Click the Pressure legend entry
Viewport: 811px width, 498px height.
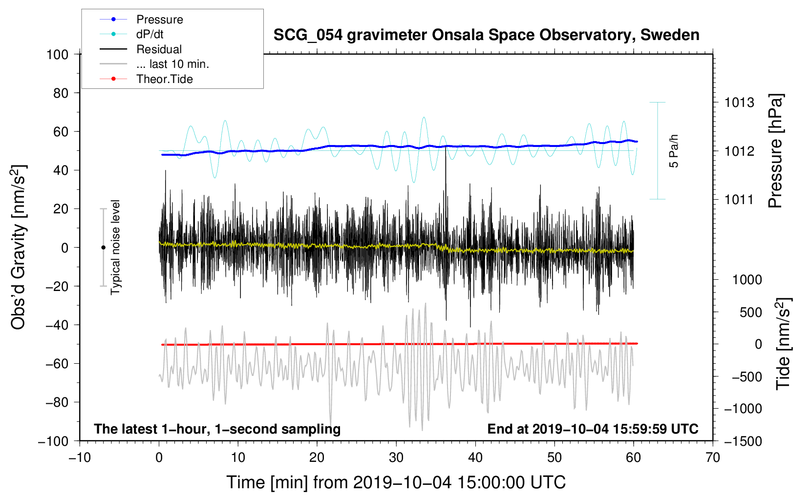click(x=141, y=19)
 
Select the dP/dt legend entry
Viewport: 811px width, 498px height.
click(x=131, y=34)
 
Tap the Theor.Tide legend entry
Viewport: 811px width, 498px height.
click(x=146, y=79)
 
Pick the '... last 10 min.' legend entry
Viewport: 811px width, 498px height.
click(x=154, y=64)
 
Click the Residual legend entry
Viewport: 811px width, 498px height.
click(x=141, y=49)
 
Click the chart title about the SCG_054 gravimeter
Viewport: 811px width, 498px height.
click(x=486, y=35)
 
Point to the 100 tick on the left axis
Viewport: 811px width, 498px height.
click(x=58, y=55)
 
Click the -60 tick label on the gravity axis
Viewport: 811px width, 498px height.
click(x=57, y=363)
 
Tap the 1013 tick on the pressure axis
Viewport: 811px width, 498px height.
click(x=739, y=103)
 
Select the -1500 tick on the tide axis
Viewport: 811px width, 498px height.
click(x=743, y=441)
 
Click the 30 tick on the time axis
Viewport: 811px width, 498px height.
click(x=396, y=458)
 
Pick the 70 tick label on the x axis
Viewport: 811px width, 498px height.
click(x=712, y=458)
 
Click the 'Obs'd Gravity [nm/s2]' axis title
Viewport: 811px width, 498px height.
click(x=18, y=247)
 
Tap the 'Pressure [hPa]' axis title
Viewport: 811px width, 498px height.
click(x=775, y=151)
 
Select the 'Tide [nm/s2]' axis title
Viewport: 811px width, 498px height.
click(x=784, y=344)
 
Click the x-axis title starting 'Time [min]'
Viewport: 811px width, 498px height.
click(x=396, y=482)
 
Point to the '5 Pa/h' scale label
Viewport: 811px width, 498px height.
click(x=673, y=151)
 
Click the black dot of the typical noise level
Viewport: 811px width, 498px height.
click(x=103, y=248)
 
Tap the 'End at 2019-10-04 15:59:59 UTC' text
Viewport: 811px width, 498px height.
click(x=593, y=429)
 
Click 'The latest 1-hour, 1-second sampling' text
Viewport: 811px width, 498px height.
click(x=217, y=429)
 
